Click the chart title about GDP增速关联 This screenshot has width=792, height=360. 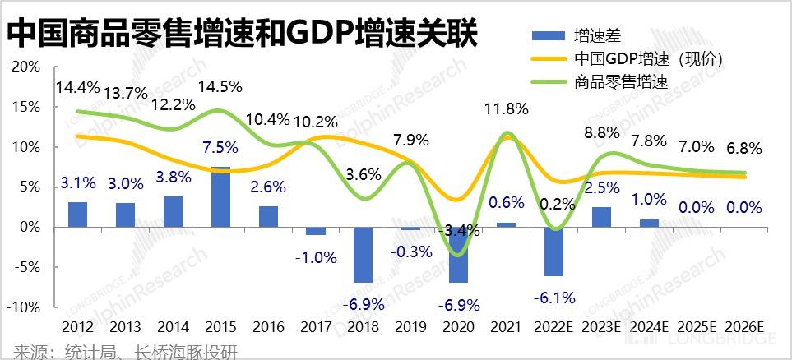click(242, 34)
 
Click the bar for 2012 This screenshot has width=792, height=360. click(77, 214)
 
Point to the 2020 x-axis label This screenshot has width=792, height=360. click(459, 328)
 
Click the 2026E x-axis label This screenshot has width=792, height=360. click(745, 328)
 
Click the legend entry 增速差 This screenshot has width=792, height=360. click(597, 35)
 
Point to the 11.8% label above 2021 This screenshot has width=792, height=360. click(507, 108)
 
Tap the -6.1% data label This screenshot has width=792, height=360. click(553, 297)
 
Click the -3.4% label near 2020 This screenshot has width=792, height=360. click(459, 231)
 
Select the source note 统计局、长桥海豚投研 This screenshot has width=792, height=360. click(120, 352)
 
